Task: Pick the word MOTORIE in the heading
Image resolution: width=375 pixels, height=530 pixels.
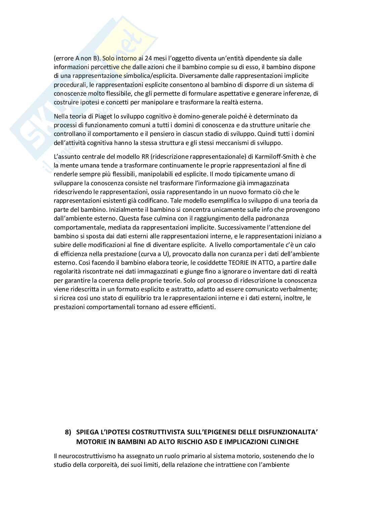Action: [92, 442]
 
